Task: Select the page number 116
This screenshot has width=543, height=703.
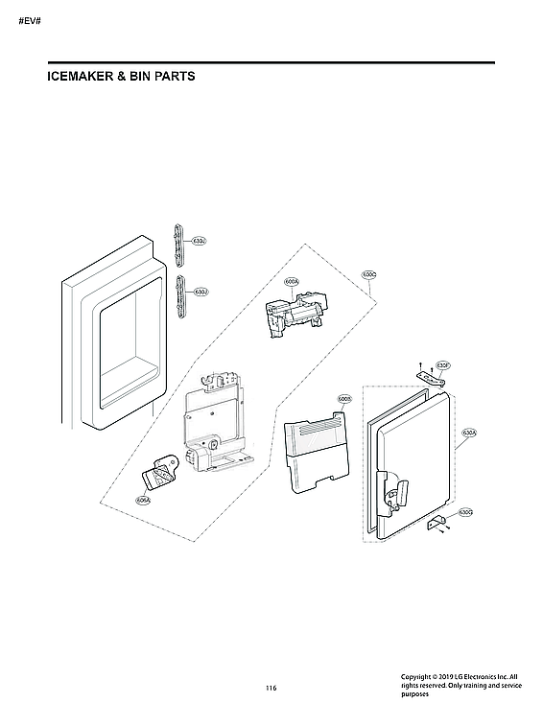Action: pos(271,688)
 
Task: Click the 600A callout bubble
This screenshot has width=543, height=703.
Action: pos(292,282)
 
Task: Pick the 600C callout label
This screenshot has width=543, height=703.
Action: pos(368,274)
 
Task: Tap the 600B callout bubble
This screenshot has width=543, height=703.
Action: pos(344,398)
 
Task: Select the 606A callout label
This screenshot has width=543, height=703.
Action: pos(142,500)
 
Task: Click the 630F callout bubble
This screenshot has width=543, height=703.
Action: pos(443,365)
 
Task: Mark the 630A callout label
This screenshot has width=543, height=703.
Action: pos(469,433)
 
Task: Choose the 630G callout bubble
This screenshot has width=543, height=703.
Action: pos(465,512)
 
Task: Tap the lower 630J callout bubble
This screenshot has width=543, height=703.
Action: pos(201,291)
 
